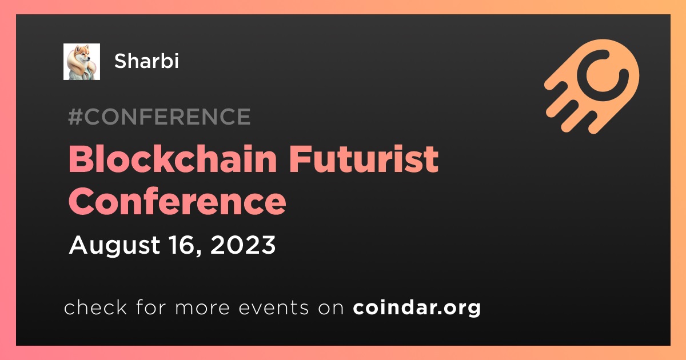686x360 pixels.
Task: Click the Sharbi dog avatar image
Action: [81, 62]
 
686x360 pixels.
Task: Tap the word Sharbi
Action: [146, 61]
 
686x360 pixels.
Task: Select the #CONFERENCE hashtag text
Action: [159, 117]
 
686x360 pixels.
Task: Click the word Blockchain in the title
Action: [173, 159]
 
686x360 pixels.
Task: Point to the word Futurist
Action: [364, 159]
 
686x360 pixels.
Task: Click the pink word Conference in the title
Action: [177, 201]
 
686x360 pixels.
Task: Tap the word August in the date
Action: [114, 246]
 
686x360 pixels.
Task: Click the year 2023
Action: [243, 245]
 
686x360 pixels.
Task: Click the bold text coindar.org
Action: [417, 307]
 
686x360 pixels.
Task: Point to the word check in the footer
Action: [95, 307]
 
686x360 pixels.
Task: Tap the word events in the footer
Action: [273, 307]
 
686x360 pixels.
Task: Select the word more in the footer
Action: [202, 308]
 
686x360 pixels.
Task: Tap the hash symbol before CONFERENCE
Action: [75, 117]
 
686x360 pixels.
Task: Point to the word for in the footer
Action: [151, 307]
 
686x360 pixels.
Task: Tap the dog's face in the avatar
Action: [84, 54]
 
